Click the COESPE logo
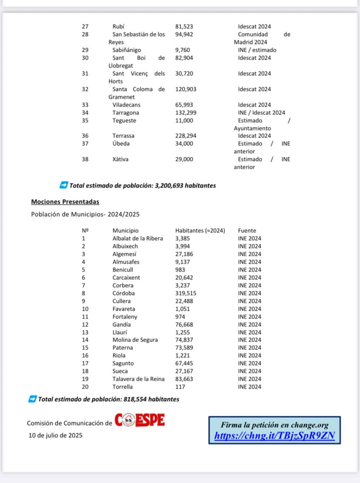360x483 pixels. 140,421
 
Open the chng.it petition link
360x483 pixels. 274,436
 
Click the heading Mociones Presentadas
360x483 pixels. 65,202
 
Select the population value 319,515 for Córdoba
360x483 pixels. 185,293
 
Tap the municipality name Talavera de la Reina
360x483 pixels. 138,379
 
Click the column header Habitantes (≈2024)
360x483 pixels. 200,231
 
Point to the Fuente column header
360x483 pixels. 247,231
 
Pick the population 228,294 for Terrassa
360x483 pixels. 186,136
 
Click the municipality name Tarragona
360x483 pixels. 126,113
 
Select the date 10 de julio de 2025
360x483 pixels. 55,435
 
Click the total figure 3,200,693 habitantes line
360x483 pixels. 142,185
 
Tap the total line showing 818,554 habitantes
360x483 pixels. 108,399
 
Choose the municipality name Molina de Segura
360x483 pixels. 135,340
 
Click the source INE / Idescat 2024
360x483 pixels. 261,113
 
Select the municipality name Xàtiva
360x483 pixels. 120,159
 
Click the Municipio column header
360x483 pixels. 125,231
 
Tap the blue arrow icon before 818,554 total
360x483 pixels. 32,399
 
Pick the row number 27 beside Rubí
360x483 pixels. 85,27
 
